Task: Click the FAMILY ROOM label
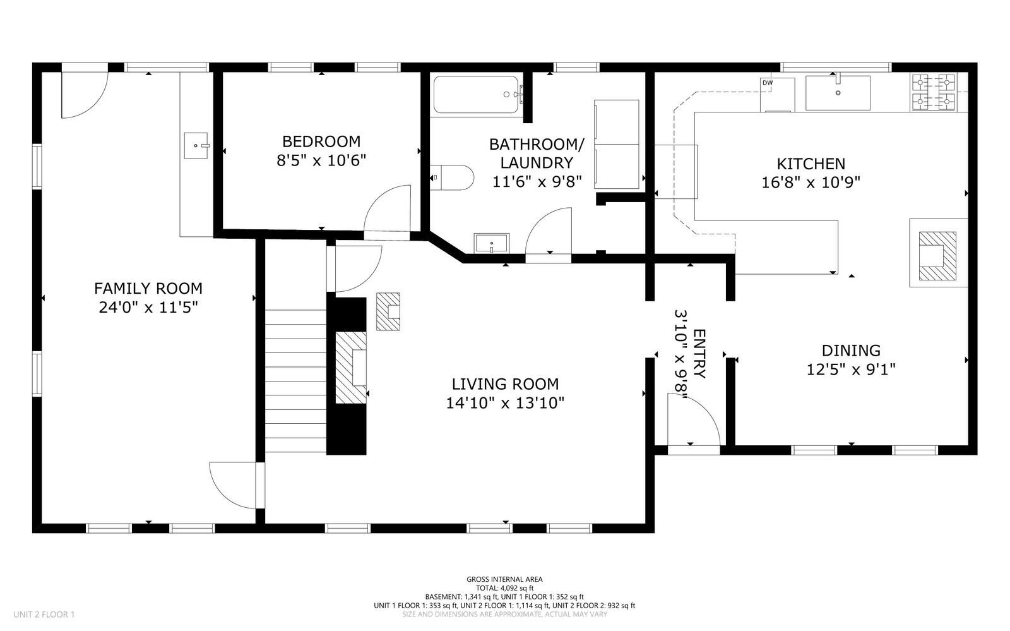(x=148, y=289)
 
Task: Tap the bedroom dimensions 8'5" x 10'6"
(x=321, y=160)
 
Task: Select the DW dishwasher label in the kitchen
(x=768, y=83)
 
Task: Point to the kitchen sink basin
(x=838, y=93)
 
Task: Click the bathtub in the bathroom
(x=476, y=95)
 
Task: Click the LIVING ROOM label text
(x=505, y=383)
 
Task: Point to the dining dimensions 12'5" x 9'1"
(x=851, y=369)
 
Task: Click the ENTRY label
(x=699, y=354)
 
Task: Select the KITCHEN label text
(x=811, y=164)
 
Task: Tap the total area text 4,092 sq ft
(x=504, y=587)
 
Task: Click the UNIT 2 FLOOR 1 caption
(x=44, y=614)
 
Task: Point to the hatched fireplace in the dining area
(x=937, y=256)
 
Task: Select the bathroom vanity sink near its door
(x=491, y=243)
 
